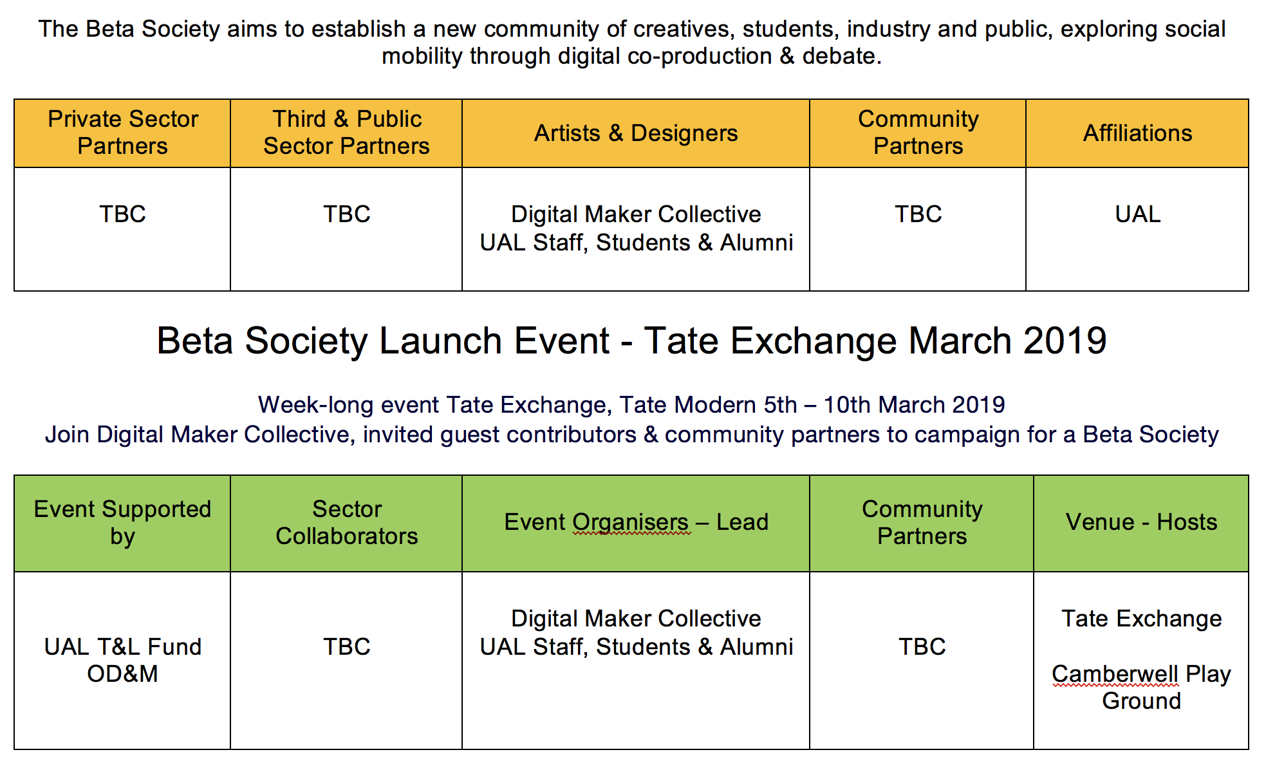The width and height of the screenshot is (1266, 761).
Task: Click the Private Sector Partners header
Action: click(x=122, y=133)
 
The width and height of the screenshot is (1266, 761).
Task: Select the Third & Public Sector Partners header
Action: click(x=346, y=133)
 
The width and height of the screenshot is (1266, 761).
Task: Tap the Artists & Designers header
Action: click(x=636, y=133)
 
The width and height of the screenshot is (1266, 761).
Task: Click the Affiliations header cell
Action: click(x=1137, y=133)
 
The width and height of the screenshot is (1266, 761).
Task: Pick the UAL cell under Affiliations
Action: click(x=1137, y=214)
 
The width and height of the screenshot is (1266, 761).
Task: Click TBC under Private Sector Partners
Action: click(x=122, y=214)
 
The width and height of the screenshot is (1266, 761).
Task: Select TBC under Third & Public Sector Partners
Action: click(x=346, y=214)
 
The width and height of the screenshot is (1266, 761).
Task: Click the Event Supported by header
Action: click(x=122, y=523)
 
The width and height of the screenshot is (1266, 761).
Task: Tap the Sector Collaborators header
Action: click(x=346, y=523)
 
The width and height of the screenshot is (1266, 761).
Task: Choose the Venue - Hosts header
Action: click(x=1141, y=522)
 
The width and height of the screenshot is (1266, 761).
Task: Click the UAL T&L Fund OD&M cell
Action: click(x=122, y=660)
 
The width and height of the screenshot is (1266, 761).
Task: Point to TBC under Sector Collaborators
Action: click(x=346, y=647)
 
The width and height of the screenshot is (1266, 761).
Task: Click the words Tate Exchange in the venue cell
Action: click(x=1141, y=619)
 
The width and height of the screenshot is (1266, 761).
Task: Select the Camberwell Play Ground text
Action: click(x=1141, y=688)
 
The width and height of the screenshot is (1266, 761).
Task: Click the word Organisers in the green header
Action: click(x=631, y=523)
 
